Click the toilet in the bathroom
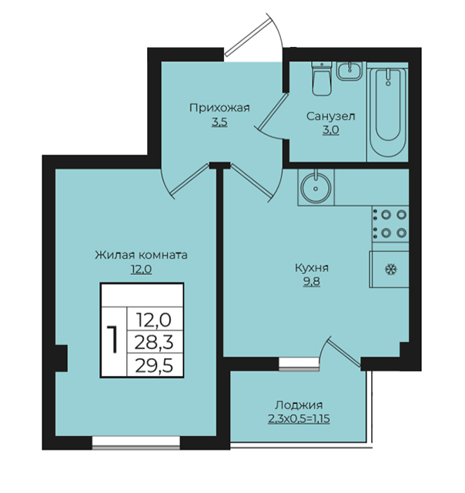point(322,79)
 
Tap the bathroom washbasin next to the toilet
point(350,71)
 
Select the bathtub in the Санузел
point(388,112)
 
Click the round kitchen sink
point(316,188)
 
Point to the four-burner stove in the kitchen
point(390,224)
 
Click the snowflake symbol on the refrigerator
point(391,270)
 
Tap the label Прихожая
point(219,108)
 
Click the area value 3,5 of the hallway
point(219,122)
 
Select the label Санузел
point(331,116)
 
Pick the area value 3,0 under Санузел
point(331,130)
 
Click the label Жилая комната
point(142,255)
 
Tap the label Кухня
point(312,268)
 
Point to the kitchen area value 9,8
point(312,282)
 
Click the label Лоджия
point(299,405)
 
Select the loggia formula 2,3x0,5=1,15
point(299,419)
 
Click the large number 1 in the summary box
point(112,340)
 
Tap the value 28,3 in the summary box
point(154,342)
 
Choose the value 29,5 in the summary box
point(154,365)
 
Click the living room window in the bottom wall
point(136,443)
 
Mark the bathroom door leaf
point(273,111)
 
